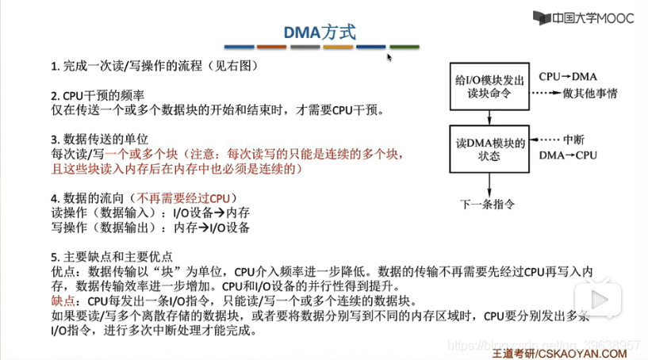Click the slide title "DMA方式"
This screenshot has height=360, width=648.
[x=320, y=32]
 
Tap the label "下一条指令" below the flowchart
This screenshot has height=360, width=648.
[x=487, y=204]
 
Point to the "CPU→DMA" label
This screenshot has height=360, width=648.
[x=567, y=77]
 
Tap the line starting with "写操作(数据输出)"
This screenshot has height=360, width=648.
[x=151, y=228]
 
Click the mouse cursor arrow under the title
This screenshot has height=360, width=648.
[x=389, y=57]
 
